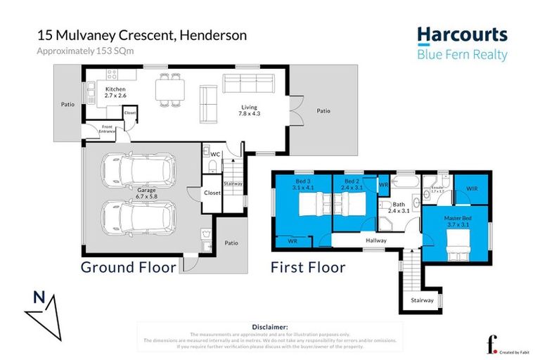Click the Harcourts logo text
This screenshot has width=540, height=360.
[x=461, y=34]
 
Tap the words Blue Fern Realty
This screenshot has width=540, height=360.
[x=461, y=56]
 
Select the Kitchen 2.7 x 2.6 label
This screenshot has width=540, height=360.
[x=115, y=94]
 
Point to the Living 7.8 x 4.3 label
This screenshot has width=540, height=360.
[x=249, y=110]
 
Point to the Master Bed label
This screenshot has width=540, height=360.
[x=456, y=221]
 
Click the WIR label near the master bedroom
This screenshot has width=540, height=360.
[x=472, y=189]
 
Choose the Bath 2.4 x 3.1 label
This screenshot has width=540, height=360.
[x=389, y=208]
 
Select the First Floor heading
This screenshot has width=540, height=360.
[x=308, y=267]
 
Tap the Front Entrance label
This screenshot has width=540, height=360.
[x=106, y=129]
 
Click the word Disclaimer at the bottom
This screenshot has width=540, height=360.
[x=269, y=327]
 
